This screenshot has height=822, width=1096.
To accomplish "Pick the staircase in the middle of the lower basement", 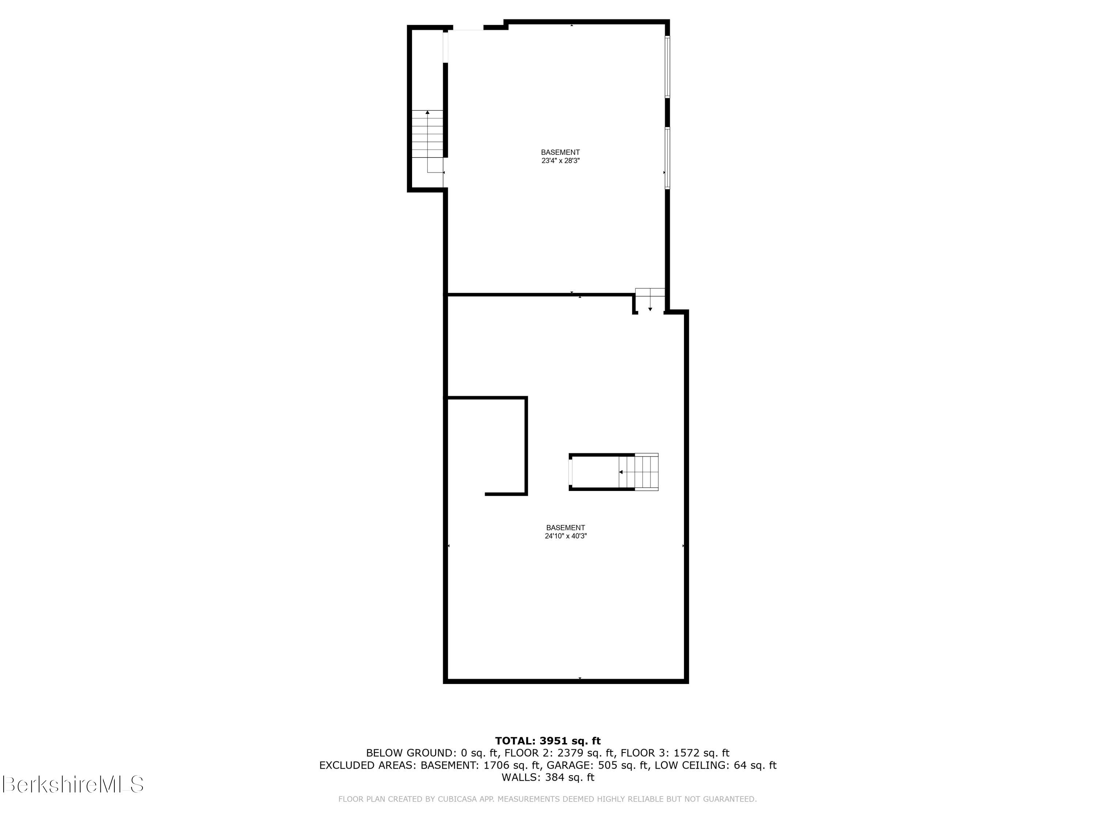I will click(639, 472).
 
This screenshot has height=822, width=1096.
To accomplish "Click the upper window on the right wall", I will click(667, 67).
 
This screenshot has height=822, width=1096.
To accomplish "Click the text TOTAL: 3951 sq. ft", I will click(548, 741).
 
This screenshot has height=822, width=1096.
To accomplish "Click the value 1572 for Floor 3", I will click(686, 753).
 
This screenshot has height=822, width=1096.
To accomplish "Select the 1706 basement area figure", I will click(497, 765).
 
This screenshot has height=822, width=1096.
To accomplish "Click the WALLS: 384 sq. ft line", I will click(548, 777).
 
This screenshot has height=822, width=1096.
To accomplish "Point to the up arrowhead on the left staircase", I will click(427, 113).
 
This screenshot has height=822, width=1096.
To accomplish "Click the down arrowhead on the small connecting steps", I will click(650, 309).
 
